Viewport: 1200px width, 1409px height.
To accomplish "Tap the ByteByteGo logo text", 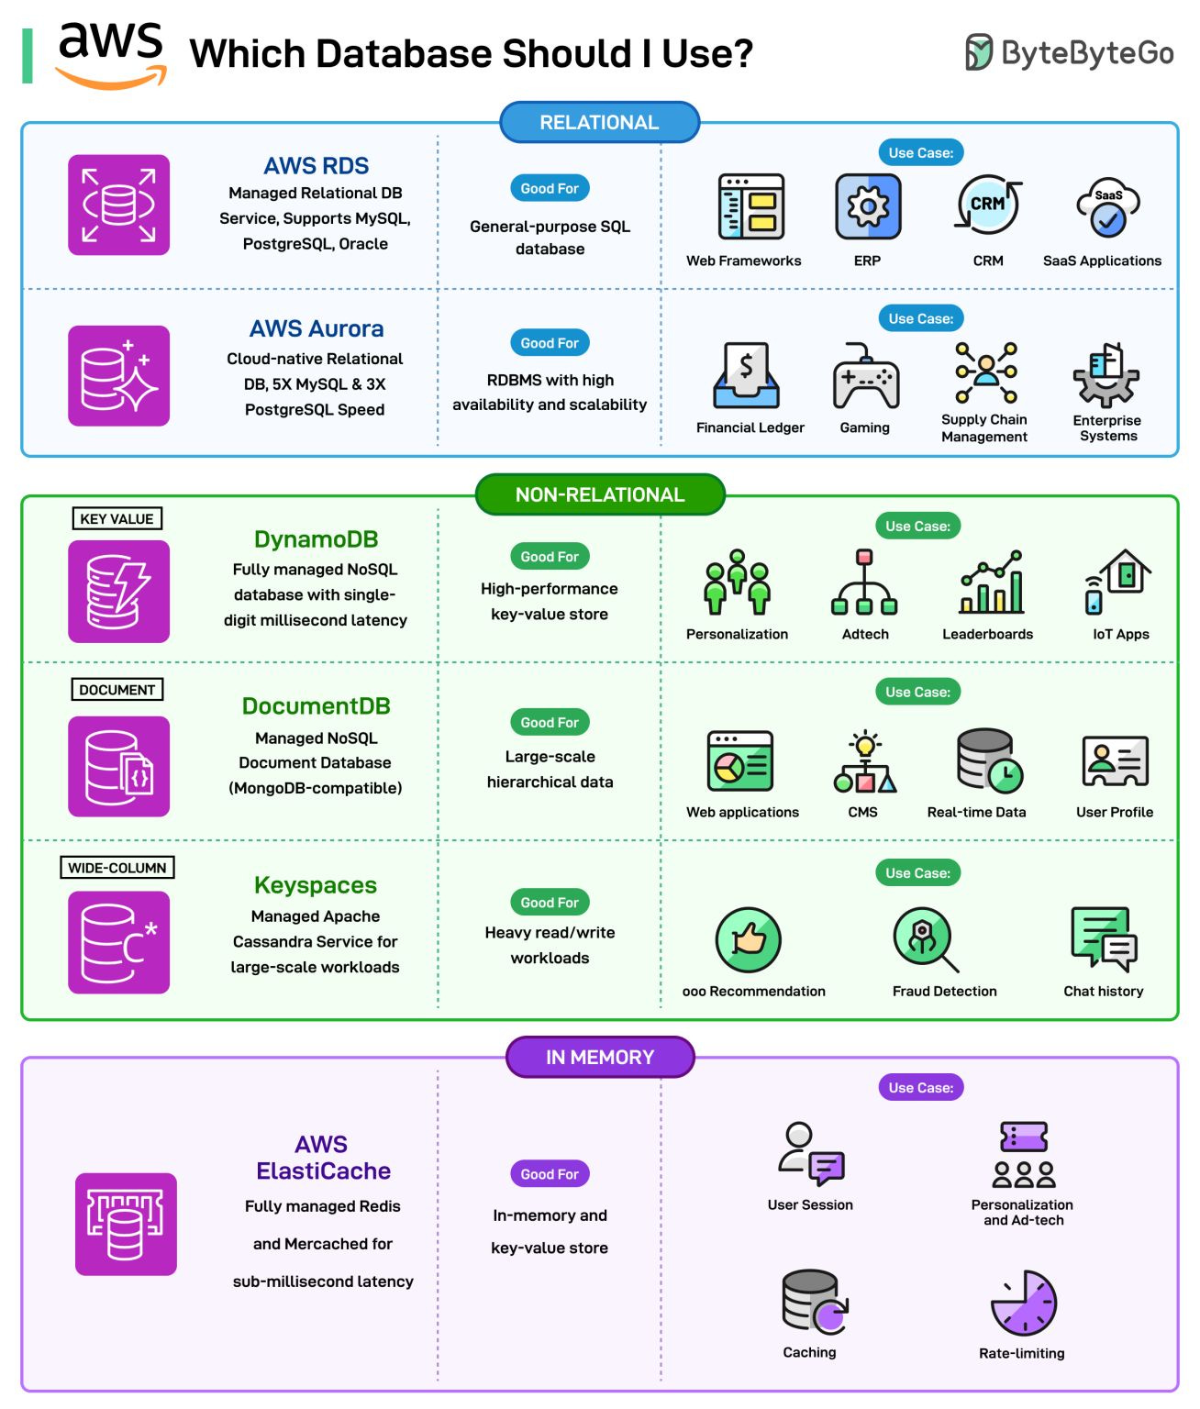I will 1086,53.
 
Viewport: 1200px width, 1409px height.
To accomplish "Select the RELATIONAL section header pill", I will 599,122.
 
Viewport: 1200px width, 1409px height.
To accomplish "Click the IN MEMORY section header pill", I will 599,1057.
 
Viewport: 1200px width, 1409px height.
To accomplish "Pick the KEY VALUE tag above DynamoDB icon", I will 117,518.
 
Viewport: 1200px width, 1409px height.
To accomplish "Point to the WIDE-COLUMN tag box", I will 117,868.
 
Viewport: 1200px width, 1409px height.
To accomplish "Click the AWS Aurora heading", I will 317,328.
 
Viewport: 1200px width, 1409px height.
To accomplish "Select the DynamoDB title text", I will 316,539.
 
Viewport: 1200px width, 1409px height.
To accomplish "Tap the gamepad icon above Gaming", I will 865,377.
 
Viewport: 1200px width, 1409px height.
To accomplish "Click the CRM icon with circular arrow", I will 988,205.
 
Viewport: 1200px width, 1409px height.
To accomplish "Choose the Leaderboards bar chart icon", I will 991,582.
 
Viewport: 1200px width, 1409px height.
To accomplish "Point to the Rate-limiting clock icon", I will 1024,1303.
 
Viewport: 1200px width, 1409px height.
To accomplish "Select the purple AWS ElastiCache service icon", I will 126,1224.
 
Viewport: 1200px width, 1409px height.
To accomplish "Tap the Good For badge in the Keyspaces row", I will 550,903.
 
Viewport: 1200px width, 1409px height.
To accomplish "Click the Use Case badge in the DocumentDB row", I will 917,692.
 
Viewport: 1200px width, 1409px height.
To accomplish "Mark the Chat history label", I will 1103,991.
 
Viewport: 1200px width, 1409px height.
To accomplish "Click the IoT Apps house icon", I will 1119,582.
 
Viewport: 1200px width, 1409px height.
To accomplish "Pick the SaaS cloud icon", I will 1107,207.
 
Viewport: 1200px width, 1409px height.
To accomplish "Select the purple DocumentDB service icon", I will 118,766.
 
